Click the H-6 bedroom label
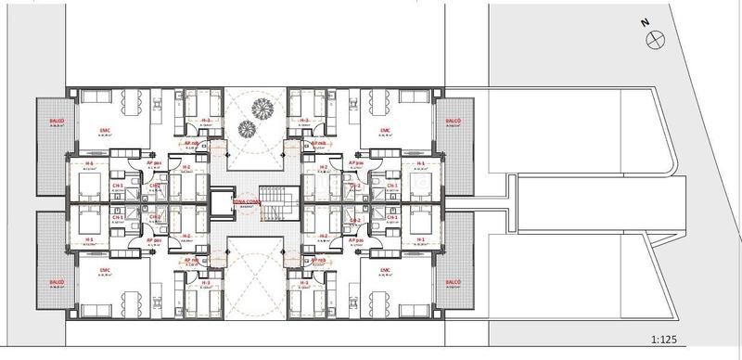coord(90,163)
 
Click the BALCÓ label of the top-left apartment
coord(51,122)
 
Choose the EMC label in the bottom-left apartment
coord(102,272)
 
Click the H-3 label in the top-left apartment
coord(205,121)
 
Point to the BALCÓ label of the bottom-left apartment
coord(51,281)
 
